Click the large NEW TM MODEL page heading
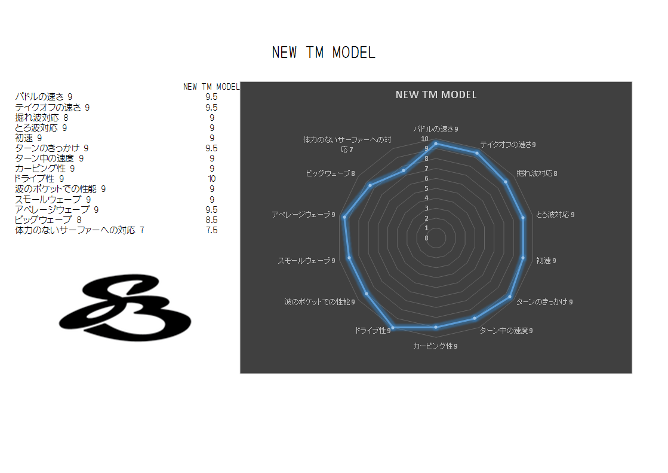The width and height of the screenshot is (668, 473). click(x=324, y=53)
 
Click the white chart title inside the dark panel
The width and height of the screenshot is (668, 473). click(x=436, y=94)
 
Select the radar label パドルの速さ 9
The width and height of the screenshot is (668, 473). click(x=436, y=129)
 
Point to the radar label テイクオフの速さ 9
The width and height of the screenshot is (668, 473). click(x=508, y=144)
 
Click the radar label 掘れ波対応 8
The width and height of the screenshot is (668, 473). click(x=537, y=173)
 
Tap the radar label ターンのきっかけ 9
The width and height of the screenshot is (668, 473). click(x=544, y=301)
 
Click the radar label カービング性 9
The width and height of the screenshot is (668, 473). click(x=436, y=346)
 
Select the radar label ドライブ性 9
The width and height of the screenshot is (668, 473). click(x=372, y=330)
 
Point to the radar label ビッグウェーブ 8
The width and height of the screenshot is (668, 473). click(x=330, y=173)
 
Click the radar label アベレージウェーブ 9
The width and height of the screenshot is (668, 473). click(x=303, y=214)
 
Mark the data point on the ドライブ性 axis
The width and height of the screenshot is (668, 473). click(x=392, y=328)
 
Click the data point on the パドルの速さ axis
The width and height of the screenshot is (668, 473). click(x=436, y=144)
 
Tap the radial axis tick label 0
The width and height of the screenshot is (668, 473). click(x=426, y=238)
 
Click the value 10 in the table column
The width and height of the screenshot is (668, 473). click(x=211, y=179)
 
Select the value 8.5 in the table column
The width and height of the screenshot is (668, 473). click(x=211, y=219)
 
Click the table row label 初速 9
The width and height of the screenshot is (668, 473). click(x=29, y=138)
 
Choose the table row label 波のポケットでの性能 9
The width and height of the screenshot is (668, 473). click(x=60, y=189)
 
